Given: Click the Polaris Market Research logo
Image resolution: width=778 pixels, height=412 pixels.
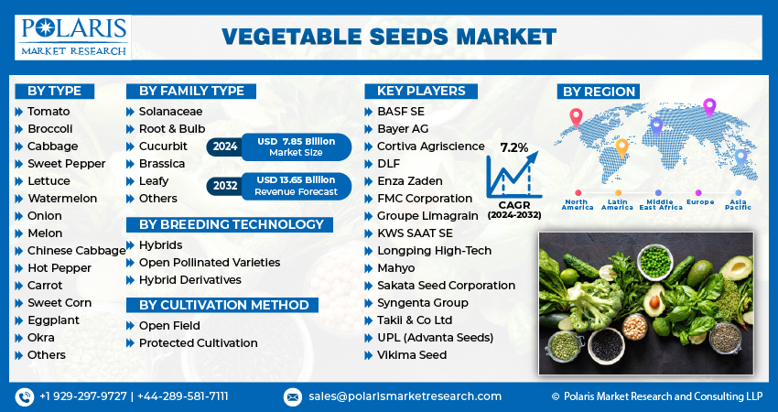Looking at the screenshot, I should tap(73, 36).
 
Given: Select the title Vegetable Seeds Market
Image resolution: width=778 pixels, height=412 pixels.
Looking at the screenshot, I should tap(389, 37).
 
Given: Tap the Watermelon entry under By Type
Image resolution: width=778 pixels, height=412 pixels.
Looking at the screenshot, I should tap(61, 199).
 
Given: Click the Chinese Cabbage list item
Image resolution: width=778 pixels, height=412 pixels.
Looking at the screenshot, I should tap(76, 251).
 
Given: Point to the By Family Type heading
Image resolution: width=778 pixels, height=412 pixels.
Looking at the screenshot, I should tap(191, 91).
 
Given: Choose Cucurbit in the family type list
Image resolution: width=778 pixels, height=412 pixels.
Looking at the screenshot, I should tap(163, 146).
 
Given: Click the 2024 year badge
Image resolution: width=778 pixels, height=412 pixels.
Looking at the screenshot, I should tap(224, 146).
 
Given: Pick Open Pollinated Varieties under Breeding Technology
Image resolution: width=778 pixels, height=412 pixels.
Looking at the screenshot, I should tap(209, 263).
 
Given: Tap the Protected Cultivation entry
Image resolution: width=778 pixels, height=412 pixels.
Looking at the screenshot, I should tap(198, 343).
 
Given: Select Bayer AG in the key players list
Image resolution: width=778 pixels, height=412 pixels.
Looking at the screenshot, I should tap(402, 129).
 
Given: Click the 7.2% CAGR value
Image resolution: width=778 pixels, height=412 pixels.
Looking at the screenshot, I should tap(513, 147).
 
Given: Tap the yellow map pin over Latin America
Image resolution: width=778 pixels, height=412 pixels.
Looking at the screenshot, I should tap(621, 146).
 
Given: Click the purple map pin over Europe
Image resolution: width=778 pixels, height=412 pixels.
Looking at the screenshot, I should tap(708, 107).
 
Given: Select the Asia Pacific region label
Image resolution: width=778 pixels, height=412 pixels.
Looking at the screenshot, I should tap(740, 205).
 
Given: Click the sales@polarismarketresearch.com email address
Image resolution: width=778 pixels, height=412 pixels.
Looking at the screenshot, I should tap(405, 396).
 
